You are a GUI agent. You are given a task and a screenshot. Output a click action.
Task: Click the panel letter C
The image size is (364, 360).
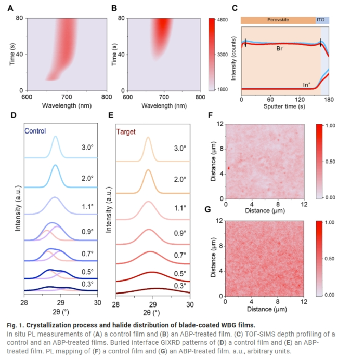click(235, 8)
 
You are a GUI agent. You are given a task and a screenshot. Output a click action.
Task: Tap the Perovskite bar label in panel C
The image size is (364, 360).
click(278, 19)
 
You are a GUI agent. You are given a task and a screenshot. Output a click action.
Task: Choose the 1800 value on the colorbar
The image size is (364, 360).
click(223, 90)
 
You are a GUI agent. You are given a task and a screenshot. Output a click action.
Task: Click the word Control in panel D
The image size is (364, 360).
click(34, 131)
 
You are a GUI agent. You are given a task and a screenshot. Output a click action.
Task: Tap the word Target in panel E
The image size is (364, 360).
click(126, 132)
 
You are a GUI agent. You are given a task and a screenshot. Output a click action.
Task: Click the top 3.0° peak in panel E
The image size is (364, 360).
click(148, 139)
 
